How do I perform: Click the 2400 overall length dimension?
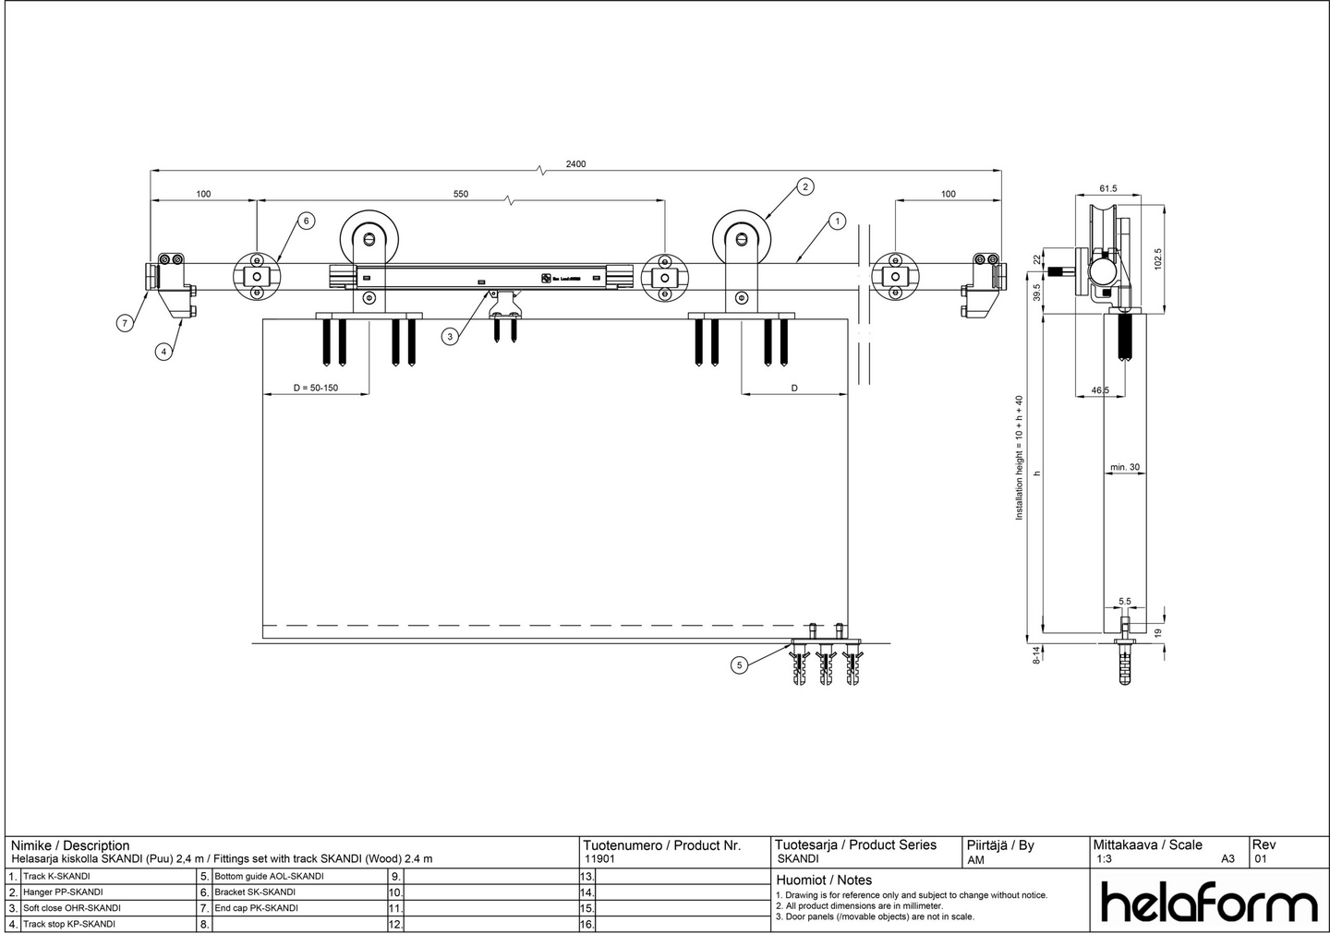(575, 164)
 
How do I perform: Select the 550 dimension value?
(461, 194)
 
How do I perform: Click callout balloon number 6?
(306, 221)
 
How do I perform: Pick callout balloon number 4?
(163, 352)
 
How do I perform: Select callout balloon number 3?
(450, 337)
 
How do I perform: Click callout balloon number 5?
(738, 665)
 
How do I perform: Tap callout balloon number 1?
(837, 221)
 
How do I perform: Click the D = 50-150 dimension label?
(316, 388)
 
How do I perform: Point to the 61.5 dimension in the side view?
(1108, 188)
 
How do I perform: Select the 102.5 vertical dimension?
(1158, 257)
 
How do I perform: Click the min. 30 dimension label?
(1125, 467)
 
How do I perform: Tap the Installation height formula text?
(1020, 458)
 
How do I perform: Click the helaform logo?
(1209, 903)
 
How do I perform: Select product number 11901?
(600, 859)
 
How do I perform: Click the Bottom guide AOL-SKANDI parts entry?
(269, 877)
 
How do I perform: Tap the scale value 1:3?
(1104, 859)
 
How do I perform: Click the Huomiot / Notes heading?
(824, 880)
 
